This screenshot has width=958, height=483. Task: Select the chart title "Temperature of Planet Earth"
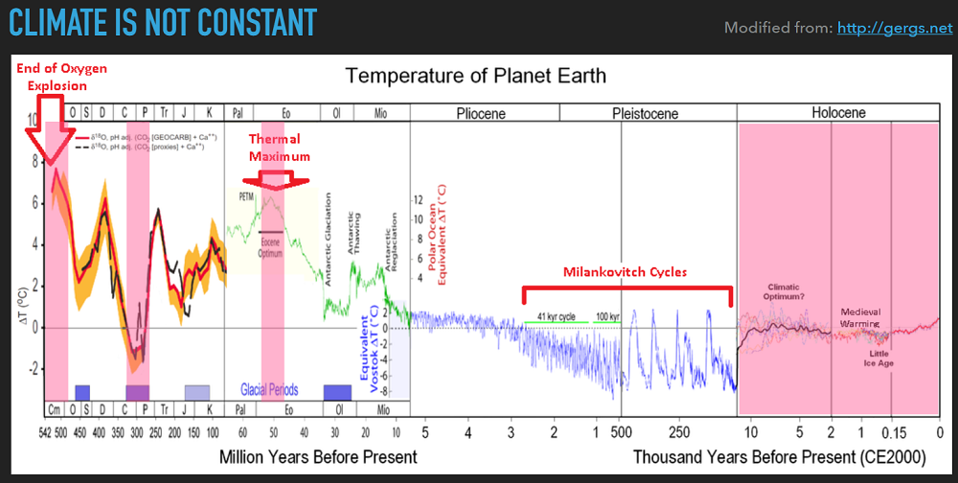coord(475,75)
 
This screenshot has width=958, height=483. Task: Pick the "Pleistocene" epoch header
coord(645,113)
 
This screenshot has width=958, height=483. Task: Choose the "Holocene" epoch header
coord(838,112)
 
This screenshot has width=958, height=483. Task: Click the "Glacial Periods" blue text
coord(268,390)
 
